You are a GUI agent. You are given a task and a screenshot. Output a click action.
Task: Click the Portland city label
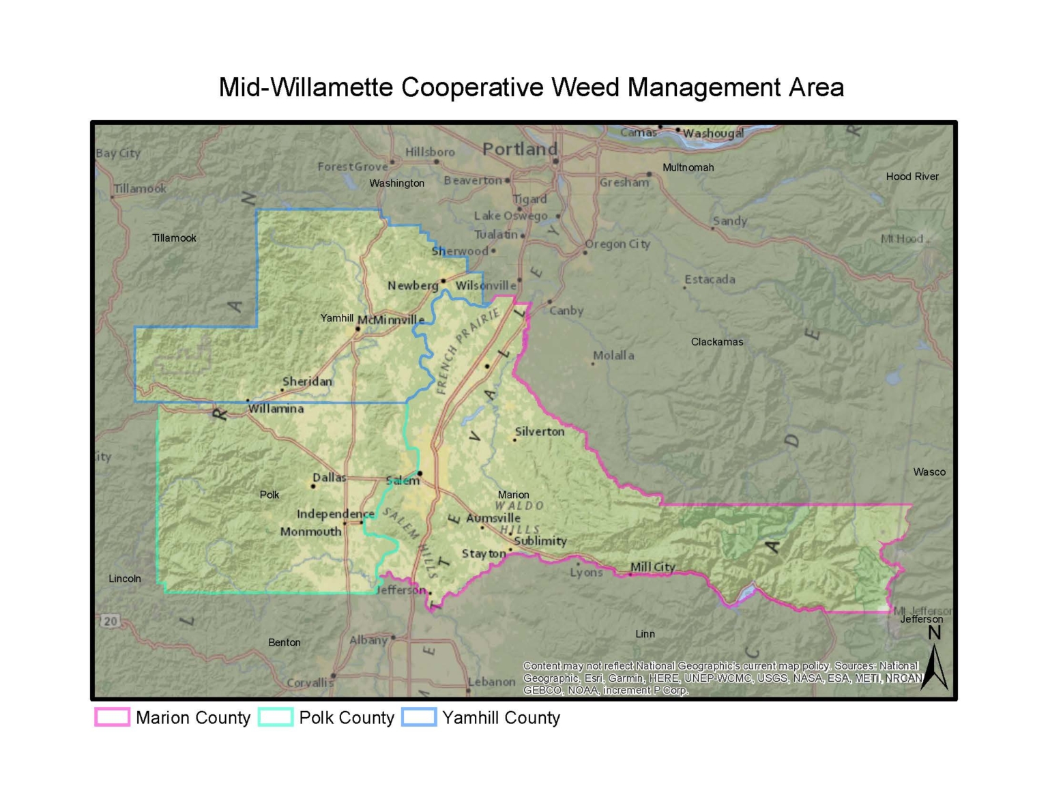[519, 149]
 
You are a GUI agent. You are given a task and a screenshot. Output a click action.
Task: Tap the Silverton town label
[539, 431]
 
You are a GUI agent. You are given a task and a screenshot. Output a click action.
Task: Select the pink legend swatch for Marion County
[112, 717]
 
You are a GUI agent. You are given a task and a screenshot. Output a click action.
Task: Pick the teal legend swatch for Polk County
[276, 717]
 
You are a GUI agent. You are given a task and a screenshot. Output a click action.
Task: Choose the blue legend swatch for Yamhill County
[419, 717]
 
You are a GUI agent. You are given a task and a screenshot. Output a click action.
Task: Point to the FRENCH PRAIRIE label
[467, 351]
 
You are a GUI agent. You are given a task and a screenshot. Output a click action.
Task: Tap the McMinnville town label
[391, 319]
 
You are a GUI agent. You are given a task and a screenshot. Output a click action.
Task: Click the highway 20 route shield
[110, 621]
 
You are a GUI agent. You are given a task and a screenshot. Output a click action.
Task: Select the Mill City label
[652, 566]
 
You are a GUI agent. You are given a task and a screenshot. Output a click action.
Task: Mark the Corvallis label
[310, 682]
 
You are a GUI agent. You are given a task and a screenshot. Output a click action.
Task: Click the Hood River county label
[912, 177]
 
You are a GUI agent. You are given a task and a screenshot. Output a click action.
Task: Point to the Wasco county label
[929, 472]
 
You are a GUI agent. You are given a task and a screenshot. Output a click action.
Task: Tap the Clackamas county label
[717, 342]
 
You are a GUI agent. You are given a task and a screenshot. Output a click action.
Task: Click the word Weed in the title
[585, 88]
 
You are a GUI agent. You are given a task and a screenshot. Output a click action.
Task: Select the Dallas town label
[329, 477]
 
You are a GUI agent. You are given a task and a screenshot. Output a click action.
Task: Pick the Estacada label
[710, 279]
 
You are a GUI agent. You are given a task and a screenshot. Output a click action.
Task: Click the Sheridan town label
[307, 381]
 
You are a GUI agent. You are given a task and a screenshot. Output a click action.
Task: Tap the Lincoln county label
[125, 579]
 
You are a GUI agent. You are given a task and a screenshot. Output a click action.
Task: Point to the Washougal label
[713, 133]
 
